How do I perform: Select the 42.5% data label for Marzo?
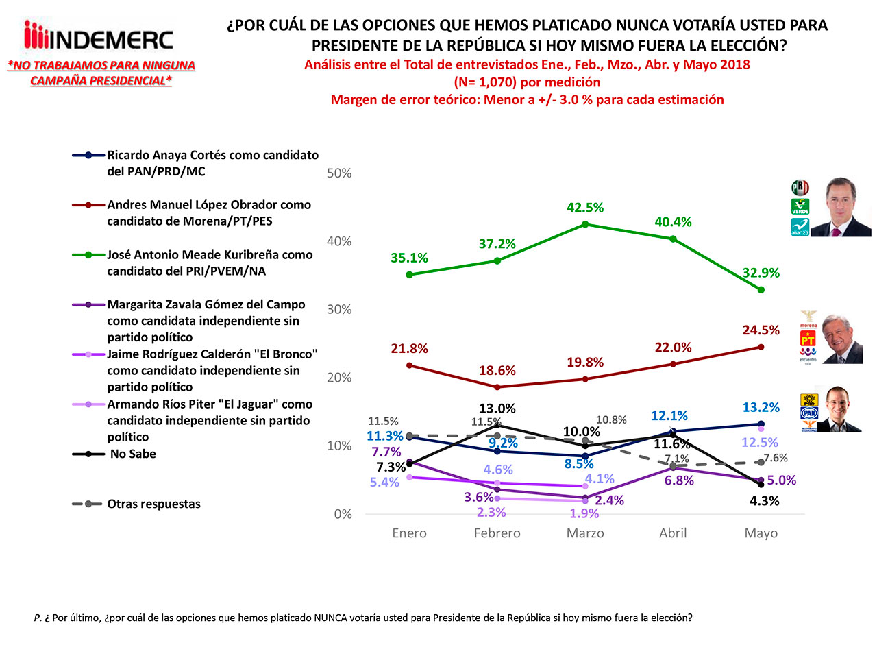click(584, 208)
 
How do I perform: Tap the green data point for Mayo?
click(761, 290)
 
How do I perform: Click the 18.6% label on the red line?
click(497, 371)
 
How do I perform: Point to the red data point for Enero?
click(409, 365)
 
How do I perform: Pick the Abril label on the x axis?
click(673, 533)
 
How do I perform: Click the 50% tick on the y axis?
click(339, 173)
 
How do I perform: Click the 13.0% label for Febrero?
click(497, 409)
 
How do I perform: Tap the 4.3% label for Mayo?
click(764, 501)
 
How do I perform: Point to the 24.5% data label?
click(761, 330)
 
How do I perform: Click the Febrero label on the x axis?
click(497, 533)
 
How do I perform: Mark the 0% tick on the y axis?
click(343, 514)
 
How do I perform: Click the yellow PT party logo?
click(808, 339)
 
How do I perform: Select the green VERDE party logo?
click(800, 206)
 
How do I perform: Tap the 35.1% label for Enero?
click(409, 258)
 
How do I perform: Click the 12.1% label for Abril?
click(669, 416)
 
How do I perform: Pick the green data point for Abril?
click(673, 239)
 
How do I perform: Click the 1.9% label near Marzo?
click(584, 513)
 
